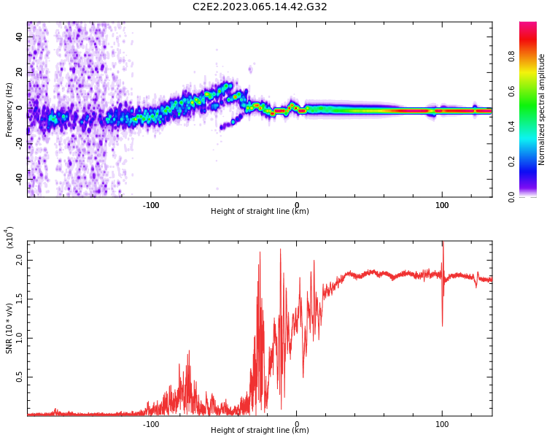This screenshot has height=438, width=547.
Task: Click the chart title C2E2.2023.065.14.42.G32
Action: click(260, 7)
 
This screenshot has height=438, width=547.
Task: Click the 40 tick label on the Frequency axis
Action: click(20, 37)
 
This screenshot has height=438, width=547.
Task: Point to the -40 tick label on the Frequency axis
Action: click(20, 178)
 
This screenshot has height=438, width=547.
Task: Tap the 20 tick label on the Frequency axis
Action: click(20, 73)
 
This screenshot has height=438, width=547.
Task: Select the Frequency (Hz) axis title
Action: click(9, 109)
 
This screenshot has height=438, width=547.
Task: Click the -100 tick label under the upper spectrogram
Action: click(150, 205)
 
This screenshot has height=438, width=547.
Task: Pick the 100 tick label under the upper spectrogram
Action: click(442, 205)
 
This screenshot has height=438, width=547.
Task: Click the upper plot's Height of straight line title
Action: click(260, 212)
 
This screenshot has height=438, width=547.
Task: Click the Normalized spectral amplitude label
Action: click(542, 109)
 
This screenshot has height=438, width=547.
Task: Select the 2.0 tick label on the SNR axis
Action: click(20, 259)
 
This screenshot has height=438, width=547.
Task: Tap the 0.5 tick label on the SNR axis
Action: click(20, 377)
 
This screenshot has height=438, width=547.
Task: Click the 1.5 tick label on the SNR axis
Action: click(20, 299)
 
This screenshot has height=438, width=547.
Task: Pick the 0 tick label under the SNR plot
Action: click(296, 423)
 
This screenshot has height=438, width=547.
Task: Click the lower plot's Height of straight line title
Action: click(260, 431)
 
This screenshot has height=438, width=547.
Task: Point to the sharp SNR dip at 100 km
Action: click(442, 323)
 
